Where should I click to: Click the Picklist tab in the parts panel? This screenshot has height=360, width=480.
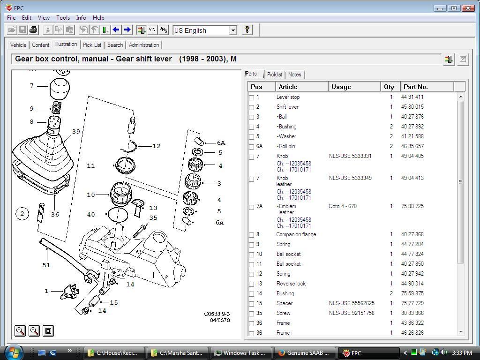(x=274, y=75)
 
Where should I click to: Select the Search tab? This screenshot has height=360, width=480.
(x=115, y=45)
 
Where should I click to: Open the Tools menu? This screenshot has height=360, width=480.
(x=63, y=18)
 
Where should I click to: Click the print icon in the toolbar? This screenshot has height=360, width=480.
(x=33, y=30)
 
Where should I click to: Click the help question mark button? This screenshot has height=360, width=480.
(x=247, y=30)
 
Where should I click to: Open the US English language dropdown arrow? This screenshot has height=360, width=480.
(x=232, y=30)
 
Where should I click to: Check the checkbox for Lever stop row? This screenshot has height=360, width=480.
(x=252, y=97)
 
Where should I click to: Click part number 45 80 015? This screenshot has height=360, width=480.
(x=412, y=107)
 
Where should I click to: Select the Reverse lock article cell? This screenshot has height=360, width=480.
(x=291, y=284)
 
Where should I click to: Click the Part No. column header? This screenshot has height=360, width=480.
(x=415, y=87)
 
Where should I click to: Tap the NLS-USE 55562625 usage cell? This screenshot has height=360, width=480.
(x=352, y=303)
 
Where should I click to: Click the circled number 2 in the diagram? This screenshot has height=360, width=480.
(x=22, y=214)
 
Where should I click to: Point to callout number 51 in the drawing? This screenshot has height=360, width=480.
(x=46, y=265)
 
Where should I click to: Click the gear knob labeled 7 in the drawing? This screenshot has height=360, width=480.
(x=60, y=88)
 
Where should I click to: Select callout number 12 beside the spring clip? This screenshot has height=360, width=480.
(x=156, y=146)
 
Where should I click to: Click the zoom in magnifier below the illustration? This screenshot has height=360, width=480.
(x=20, y=331)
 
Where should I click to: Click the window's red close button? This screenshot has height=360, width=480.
(x=467, y=8)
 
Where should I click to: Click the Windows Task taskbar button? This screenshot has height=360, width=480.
(x=240, y=353)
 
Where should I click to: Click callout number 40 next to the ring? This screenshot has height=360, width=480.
(x=90, y=214)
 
